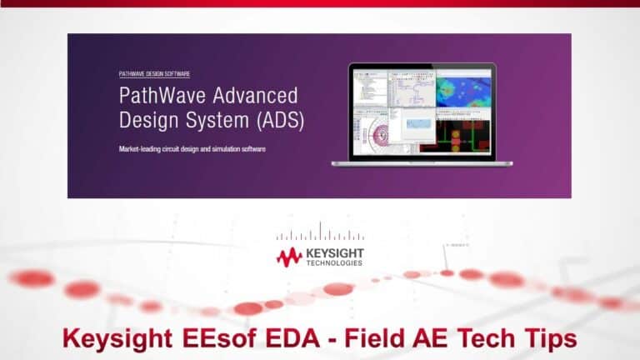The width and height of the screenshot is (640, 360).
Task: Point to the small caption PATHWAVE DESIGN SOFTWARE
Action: coord(154,74)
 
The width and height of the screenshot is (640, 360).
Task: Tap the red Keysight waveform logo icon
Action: coord(289,257)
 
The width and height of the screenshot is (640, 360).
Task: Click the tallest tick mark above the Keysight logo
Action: coord(320,231)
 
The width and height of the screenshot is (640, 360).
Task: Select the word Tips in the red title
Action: coord(547,337)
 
